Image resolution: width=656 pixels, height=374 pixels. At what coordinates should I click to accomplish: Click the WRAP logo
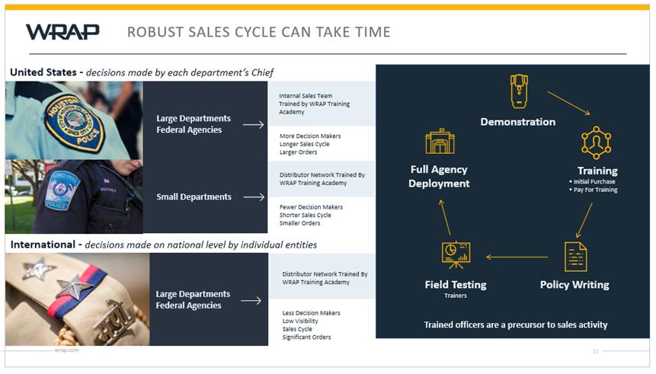62,32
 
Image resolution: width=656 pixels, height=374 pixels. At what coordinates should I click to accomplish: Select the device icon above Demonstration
519,91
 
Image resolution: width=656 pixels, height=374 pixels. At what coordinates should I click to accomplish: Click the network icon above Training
596,142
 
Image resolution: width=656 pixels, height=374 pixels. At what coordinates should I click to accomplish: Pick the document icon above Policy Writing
576,257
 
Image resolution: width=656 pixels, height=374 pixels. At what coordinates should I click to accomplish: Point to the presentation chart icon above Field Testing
456,255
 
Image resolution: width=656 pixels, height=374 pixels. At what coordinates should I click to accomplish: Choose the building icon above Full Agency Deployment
440,142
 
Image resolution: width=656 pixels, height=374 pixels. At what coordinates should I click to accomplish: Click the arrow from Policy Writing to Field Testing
517,257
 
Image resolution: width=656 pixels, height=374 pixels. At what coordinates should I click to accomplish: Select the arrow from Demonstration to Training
569,103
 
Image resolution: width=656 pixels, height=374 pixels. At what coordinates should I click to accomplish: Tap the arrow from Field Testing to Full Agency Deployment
445,217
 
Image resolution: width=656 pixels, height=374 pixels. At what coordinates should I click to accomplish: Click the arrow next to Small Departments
254,197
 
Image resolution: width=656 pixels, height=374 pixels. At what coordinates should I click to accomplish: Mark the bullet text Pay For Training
595,190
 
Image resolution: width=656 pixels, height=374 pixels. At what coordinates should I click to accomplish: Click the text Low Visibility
300,321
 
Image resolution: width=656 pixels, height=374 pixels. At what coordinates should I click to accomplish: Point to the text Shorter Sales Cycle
306,215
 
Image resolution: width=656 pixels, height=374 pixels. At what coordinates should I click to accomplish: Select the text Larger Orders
299,152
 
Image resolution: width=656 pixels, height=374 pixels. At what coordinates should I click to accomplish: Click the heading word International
43,245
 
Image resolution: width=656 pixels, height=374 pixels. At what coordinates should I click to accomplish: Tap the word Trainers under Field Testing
456,296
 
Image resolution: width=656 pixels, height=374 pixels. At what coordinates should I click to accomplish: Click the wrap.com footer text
66,350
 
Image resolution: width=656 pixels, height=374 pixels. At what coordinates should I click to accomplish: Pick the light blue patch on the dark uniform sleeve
61,190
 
